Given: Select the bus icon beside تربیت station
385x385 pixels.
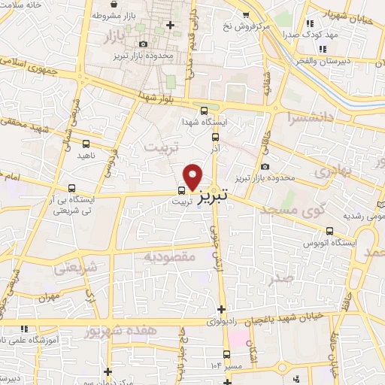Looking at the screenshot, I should [x=182, y=189].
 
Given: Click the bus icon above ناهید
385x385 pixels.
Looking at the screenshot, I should [x=85, y=143].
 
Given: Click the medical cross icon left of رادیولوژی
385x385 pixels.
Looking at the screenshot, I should [x=221, y=309].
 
